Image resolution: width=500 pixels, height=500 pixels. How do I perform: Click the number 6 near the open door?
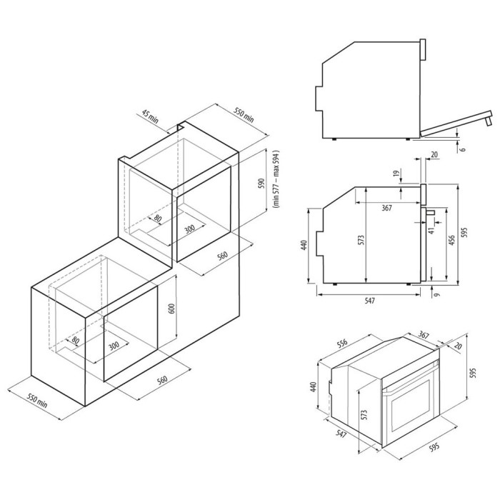[463, 149]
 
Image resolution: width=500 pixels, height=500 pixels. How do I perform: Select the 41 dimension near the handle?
[431, 231]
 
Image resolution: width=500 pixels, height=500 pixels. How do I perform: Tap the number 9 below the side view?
[436, 291]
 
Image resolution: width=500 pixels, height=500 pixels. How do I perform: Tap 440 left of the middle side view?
[304, 245]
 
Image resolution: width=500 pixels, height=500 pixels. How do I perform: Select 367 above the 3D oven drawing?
[423, 335]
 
